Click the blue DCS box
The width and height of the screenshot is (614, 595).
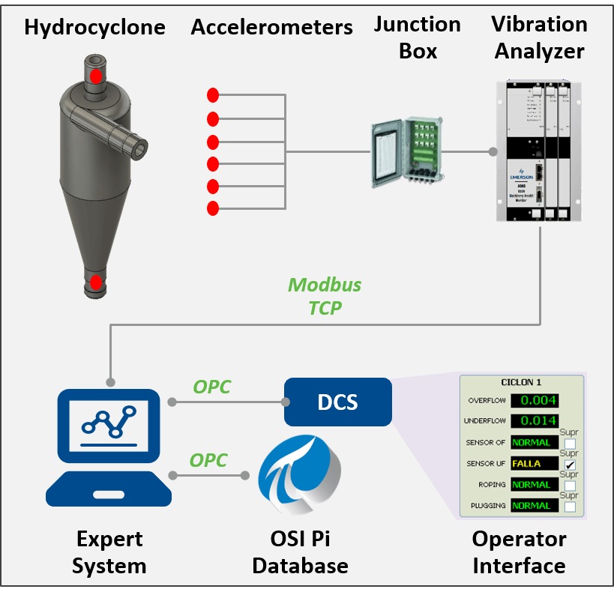click(x=337, y=402)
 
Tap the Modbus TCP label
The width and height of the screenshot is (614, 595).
click(x=325, y=296)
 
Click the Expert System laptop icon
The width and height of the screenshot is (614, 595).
click(x=109, y=447)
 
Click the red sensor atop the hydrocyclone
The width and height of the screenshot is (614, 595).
click(x=96, y=76)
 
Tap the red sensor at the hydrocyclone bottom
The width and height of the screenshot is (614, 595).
click(x=96, y=283)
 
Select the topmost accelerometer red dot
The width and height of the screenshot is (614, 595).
click(x=213, y=95)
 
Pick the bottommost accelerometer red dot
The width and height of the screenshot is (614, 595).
click(x=213, y=208)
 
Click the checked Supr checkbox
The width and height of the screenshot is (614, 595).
click(x=571, y=465)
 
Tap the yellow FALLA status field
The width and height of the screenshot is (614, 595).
click(x=535, y=464)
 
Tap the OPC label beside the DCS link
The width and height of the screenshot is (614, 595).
click(x=212, y=387)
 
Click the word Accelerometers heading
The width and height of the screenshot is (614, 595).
click(x=271, y=28)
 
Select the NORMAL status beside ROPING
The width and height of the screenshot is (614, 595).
click(x=535, y=485)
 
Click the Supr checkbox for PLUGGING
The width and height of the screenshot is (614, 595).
click(x=571, y=507)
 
